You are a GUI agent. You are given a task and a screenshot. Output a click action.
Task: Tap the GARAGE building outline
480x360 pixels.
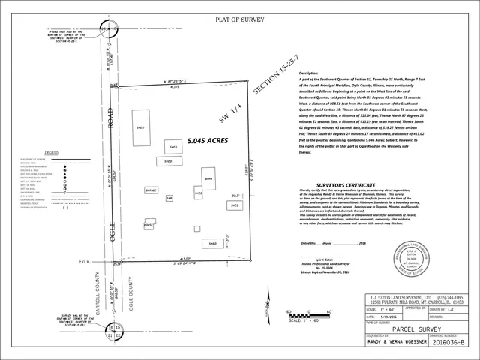[152, 192]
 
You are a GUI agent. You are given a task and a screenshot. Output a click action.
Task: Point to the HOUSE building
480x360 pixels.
[149, 224]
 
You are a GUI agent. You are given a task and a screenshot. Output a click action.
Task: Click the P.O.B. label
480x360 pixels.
[84, 262]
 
